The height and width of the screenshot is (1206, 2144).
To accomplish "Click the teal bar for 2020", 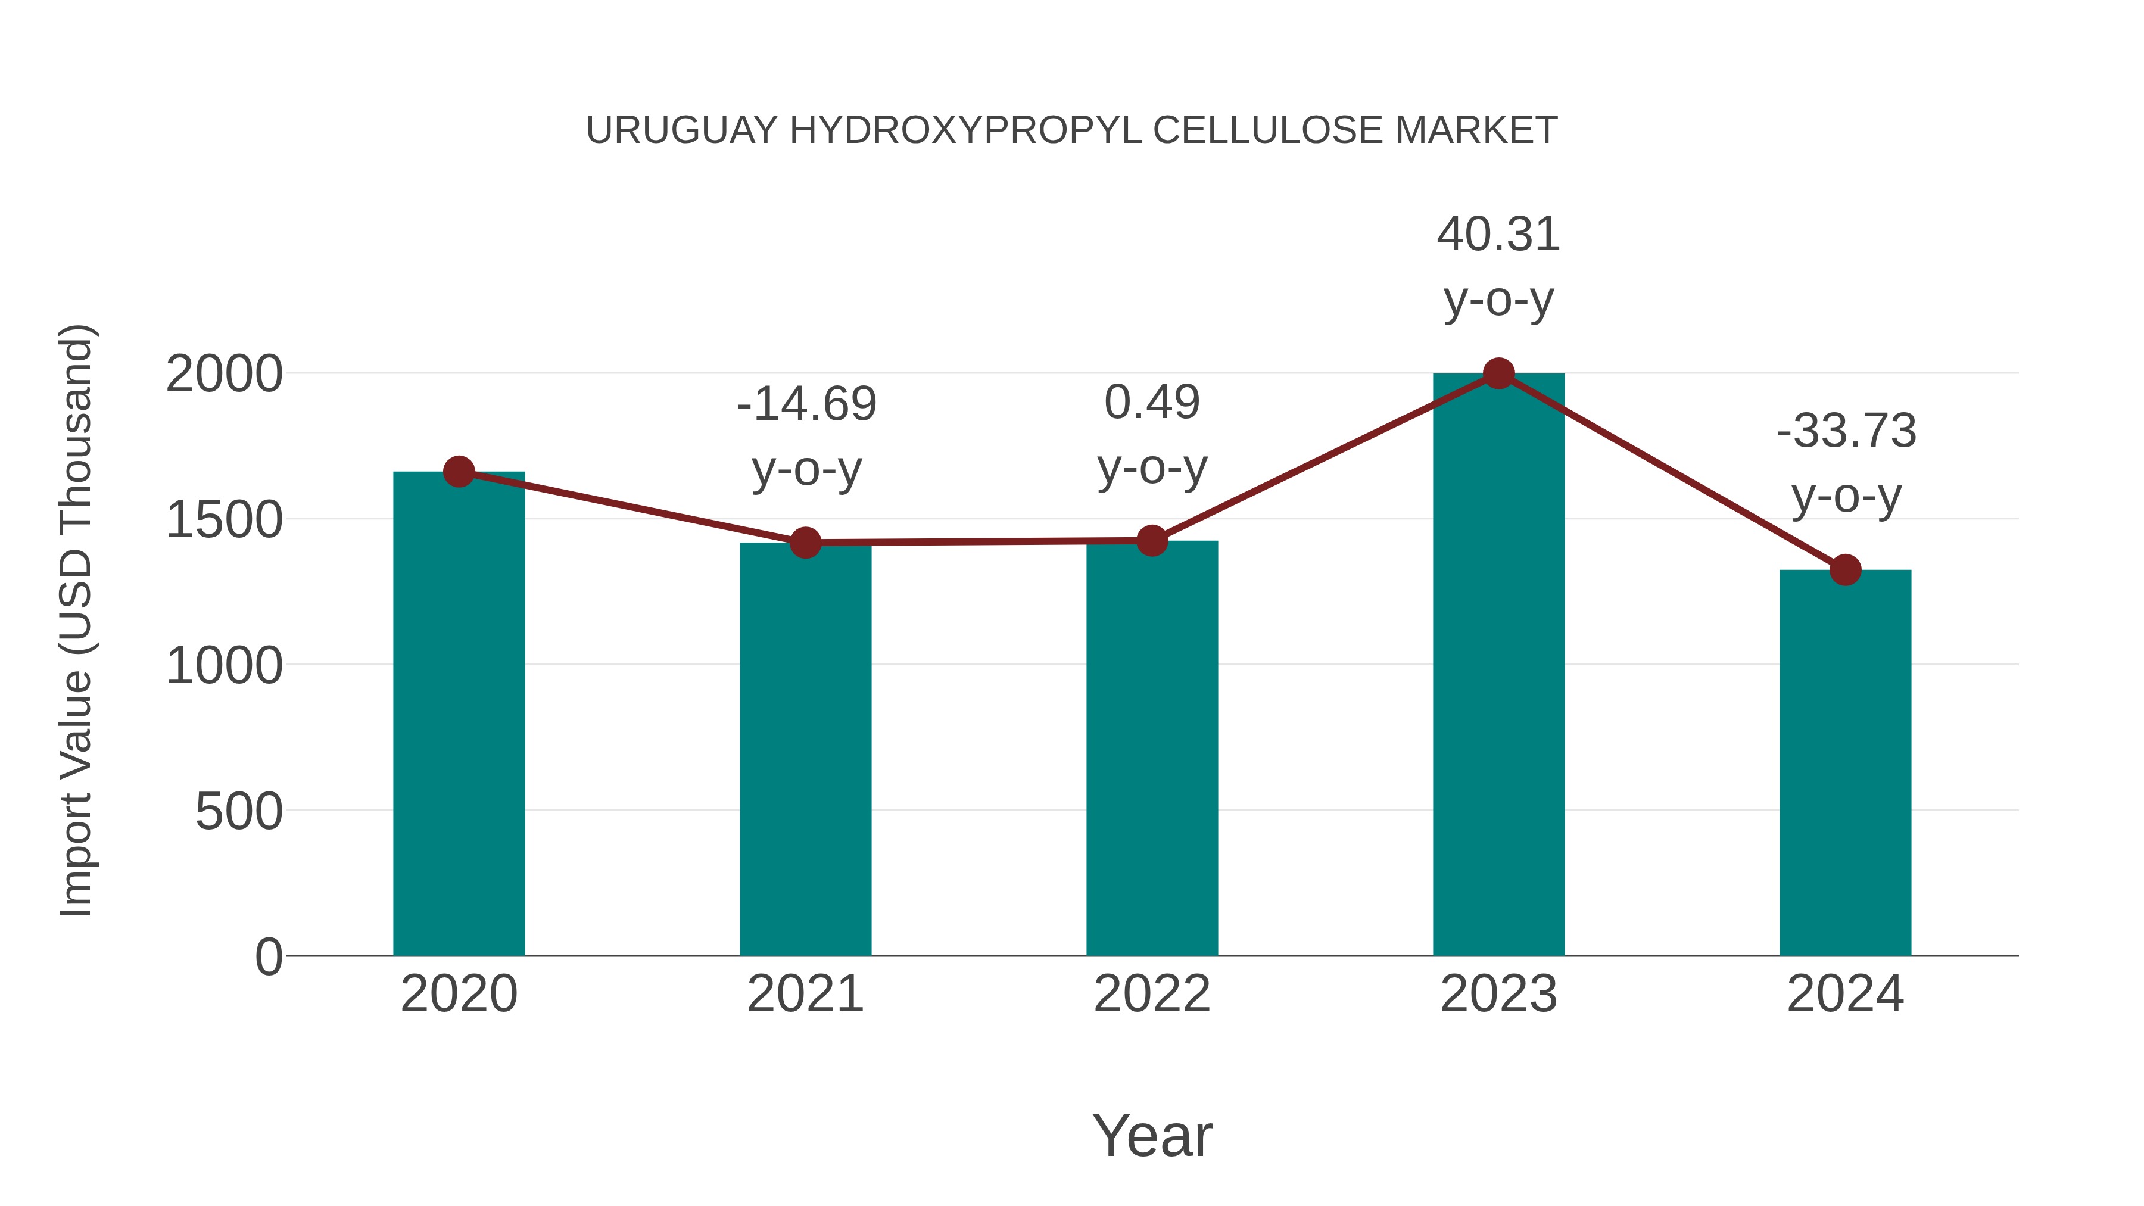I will coord(459,716).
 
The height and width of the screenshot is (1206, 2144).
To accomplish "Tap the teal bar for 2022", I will coord(1152,749).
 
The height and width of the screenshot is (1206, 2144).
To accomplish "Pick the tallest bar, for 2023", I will coord(1498,666).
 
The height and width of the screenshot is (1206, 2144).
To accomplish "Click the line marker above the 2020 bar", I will coord(459,472).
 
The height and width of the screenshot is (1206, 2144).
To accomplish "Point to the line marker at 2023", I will coord(1498,373).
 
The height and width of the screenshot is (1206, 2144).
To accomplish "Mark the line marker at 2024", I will coord(1845,570).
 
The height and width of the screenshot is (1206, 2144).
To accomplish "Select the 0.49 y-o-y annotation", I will coord(1152,435).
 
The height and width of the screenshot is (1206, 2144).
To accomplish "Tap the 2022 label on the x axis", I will coord(1152,994).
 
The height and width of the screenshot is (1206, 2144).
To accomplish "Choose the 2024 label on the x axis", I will coord(1845,994).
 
